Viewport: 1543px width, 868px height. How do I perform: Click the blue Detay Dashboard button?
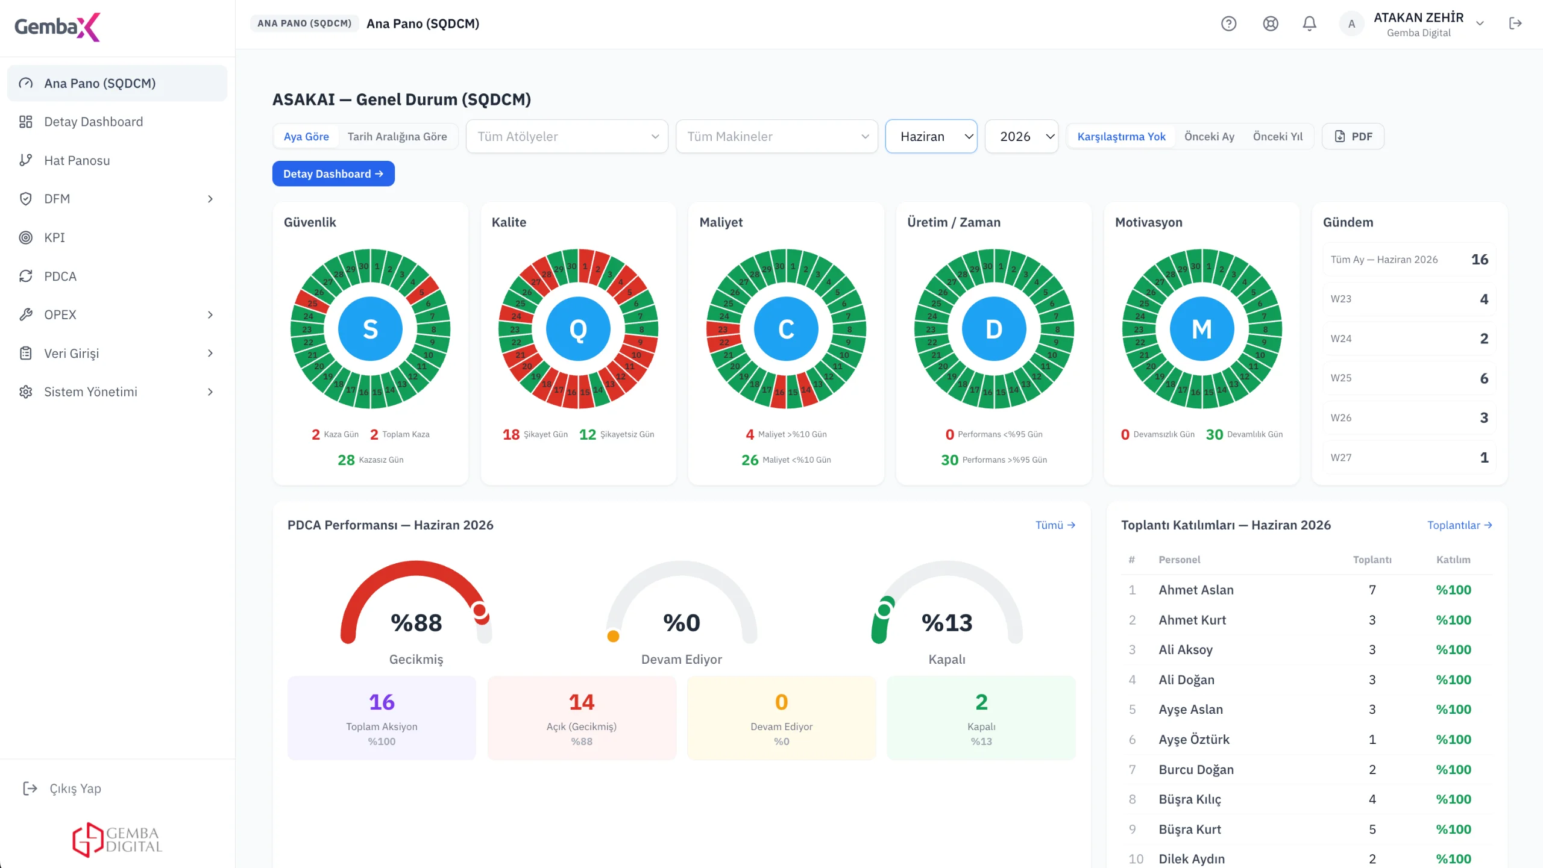(333, 173)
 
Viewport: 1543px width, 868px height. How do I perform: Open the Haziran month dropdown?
(931, 136)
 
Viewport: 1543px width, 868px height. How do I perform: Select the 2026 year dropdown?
(1022, 136)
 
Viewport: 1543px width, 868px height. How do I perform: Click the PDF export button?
(1353, 136)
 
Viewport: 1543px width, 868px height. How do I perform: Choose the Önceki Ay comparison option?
(1209, 136)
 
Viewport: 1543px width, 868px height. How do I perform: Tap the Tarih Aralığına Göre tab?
(397, 136)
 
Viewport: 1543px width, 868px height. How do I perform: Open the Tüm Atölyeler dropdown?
(567, 136)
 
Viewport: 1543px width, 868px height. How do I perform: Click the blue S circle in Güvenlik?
(370, 329)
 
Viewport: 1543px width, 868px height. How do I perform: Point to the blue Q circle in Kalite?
(578, 329)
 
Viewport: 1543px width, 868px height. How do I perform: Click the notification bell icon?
(1309, 23)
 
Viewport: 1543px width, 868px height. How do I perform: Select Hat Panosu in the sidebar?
(77, 160)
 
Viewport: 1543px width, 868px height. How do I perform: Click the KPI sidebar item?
(54, 237)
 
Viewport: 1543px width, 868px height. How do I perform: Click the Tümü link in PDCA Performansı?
(1055, 525)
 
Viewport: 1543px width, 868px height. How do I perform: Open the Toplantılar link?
(1460, 525)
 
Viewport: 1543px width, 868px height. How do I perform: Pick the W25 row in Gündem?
(1409, 378)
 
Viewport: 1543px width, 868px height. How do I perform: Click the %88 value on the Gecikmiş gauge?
(416, 622)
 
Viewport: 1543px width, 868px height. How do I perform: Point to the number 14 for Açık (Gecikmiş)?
(582, 702)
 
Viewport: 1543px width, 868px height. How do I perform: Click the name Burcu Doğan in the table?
(1196, 769)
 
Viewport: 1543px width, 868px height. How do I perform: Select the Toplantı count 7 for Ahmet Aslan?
(1372, 590)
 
